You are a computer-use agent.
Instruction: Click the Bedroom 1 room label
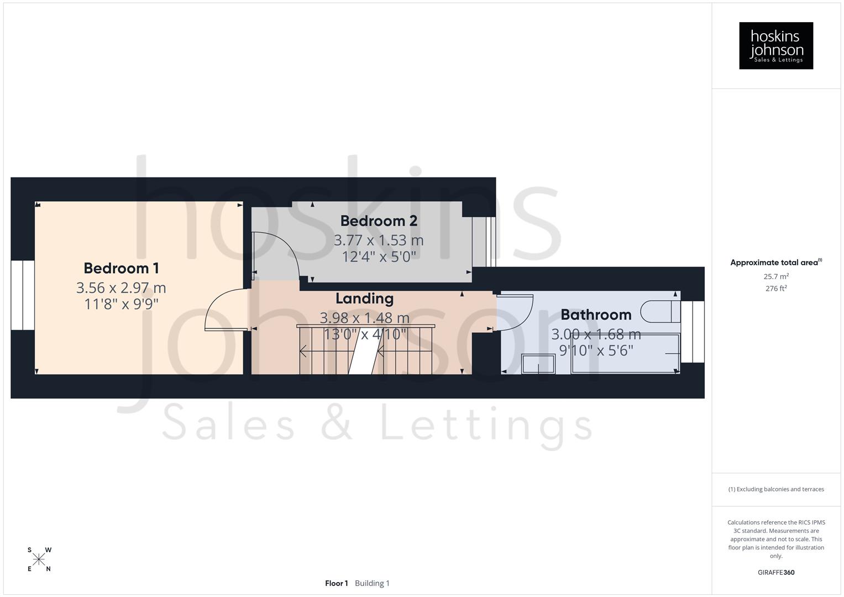pyautogui.click(x=121, y=268)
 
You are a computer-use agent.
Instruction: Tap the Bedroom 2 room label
pyautogui.click(x=379, y=221)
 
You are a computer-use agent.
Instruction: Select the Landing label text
pyautogui.click(x=364, y=298)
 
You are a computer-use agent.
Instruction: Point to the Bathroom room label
pyautogui.click(x=595, y=315)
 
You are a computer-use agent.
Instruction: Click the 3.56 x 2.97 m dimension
pyautogui.click(x=121, y=288)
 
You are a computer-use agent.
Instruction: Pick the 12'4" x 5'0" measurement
pyautogui.click(x=379, y=257)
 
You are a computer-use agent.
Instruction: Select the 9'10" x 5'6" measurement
pyautogui.click(x=596, y=350)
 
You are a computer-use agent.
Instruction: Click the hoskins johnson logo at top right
pyautogui.click(x=775, y=45)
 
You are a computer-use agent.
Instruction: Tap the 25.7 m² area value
pyautogui.click(x=775, y=276)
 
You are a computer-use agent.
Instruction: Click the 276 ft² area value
pyautogui.click(x=775, y=289)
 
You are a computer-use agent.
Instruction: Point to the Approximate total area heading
pyautogui.click(x=775, y=263)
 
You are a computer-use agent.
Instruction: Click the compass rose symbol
pyautogui.click(x=39, y=559)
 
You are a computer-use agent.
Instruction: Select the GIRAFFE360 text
pyautogui.click(x=775, y=573)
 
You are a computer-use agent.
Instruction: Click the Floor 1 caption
pyautogui.click(x=336, y=583)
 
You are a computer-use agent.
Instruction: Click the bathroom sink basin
pyautogui.click(x=538, y=364)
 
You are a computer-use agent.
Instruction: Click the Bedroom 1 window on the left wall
pyautogui.click(x=23, y=295)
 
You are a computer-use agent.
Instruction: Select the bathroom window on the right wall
pyautogui.click(x=693, y=332)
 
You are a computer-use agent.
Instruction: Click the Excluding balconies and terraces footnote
pyautogui.click(x=775, y=489)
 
